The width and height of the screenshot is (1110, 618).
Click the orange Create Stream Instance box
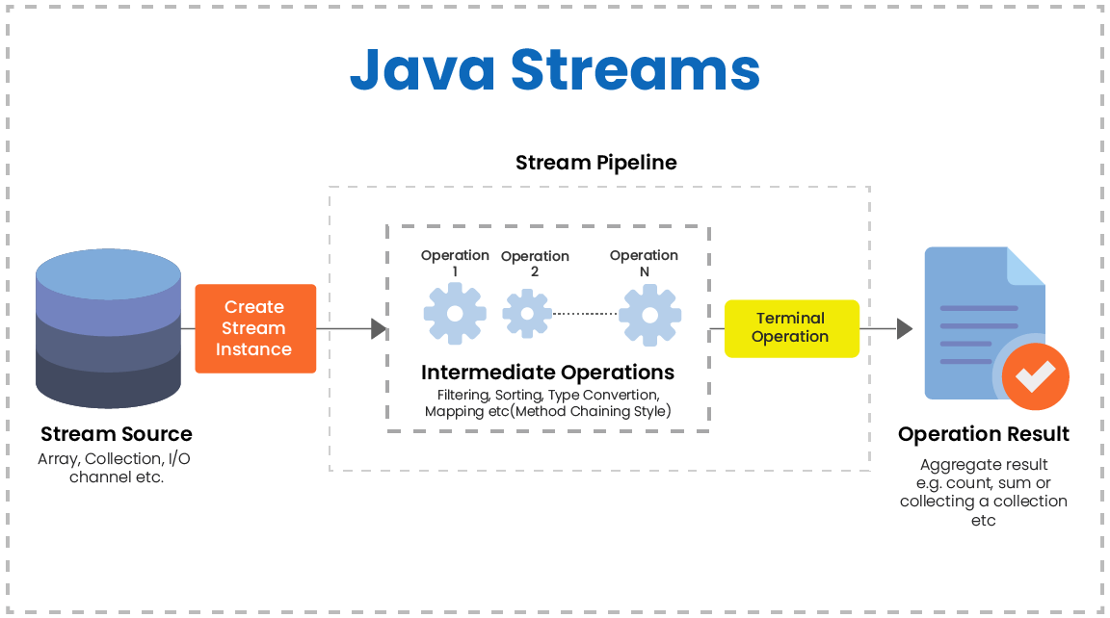[x=255, y=328]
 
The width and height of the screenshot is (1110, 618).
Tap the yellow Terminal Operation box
[x=791, y=328]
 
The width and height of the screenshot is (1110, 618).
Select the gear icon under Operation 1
[x=455, y=313]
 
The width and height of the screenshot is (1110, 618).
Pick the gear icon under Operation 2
[x=526, y=314]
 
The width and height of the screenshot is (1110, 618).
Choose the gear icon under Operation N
[x=649, y=314]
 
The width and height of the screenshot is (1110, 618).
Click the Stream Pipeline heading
[x=595, y=163]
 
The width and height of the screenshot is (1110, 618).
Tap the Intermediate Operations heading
[x=547, y=373]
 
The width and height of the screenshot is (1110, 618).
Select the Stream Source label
[x=116, y=434]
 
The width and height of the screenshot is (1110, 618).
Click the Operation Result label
[x=983, y=434]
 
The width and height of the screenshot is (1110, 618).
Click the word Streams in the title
[x=635, y=70]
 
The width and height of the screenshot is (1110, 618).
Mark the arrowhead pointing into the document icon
[x=904, y=329]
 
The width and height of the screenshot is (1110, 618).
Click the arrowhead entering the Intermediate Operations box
[x=379, y=329]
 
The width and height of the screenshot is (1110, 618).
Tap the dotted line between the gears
[x=585, y=314]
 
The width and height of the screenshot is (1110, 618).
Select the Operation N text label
[x=644, y=263]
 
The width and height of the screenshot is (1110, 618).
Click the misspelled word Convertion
[x=623, y=395]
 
